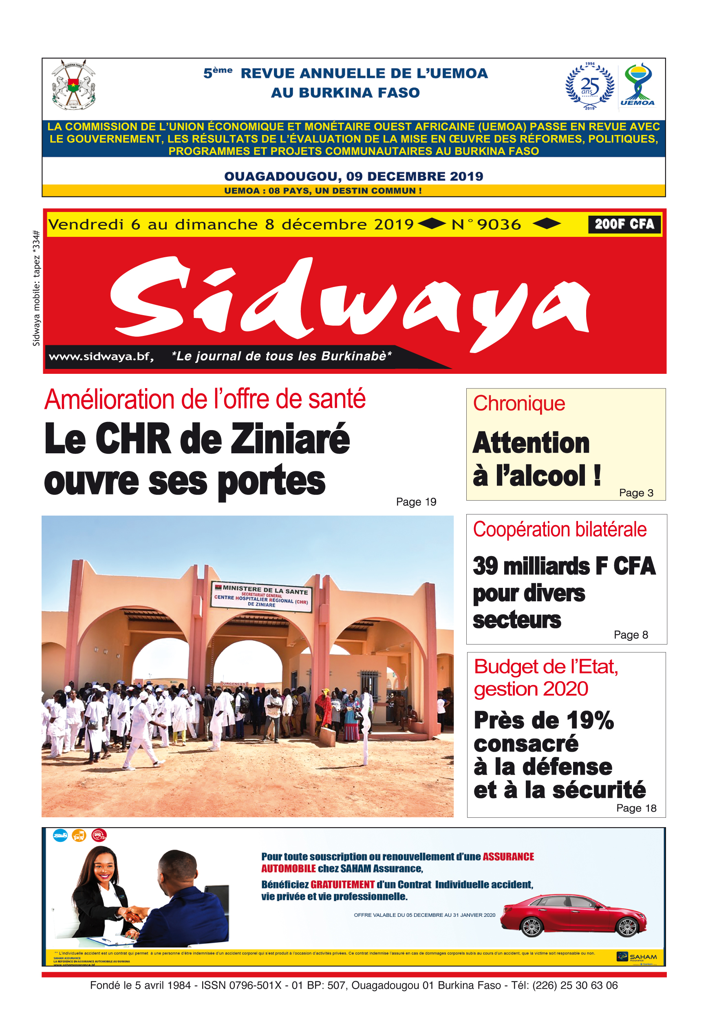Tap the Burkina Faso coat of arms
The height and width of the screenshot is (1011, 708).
coord(73,85)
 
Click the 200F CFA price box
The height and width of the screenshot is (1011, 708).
coord(624,224)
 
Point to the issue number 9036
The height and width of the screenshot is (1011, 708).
coord(498,225)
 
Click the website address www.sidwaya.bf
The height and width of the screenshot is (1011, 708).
coord(101,356)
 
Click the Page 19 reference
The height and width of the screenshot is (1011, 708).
coord(416,502)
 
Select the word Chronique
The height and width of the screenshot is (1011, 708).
coord(519,403)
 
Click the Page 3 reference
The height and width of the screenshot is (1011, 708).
coord(636,493)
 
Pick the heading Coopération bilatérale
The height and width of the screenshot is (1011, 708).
coord(559,529)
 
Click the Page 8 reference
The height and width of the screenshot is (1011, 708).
coord(631,634)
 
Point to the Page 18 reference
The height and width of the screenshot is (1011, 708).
coord(636,808)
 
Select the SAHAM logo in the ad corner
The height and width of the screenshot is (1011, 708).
coord(637,957)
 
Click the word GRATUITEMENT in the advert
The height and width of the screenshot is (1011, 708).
coord(342,885)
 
